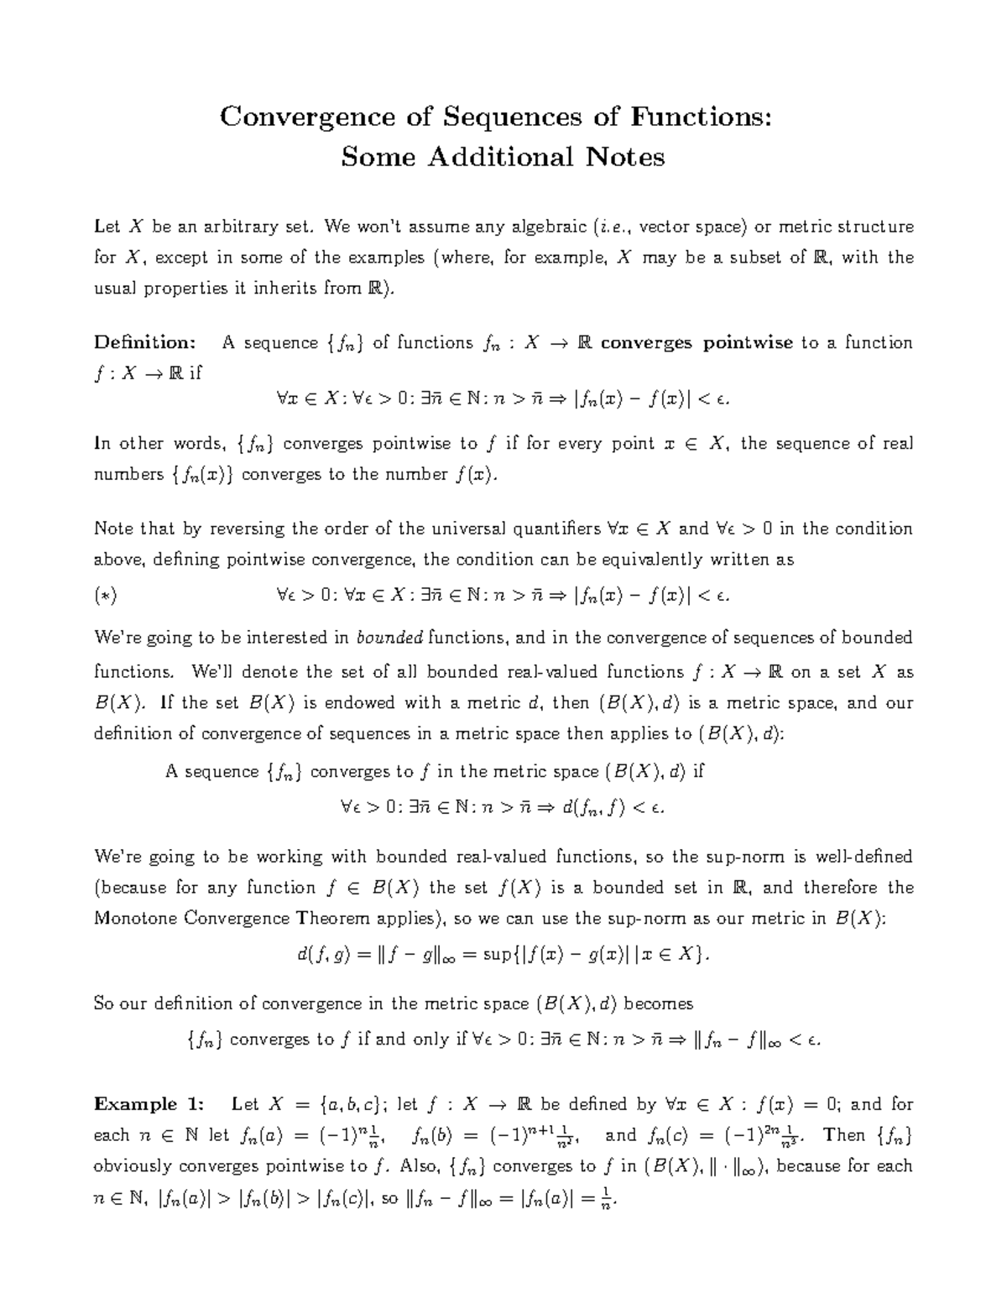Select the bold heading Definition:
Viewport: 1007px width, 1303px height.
coord(145,342)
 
